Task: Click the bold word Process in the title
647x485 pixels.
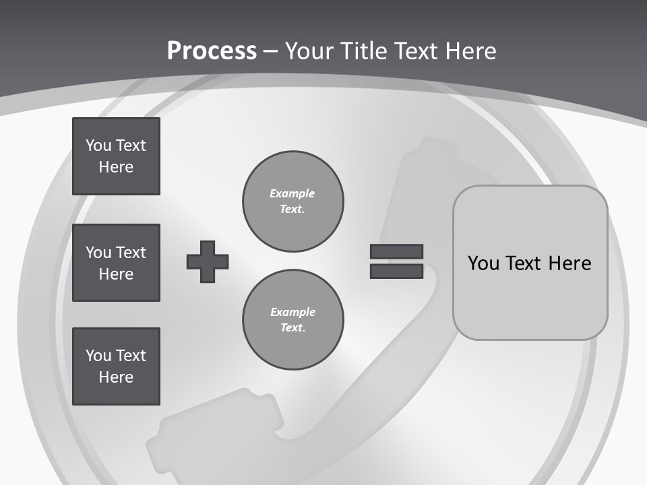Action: point(212,51)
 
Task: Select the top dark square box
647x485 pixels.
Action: point(116,156)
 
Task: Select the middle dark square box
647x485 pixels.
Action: point(116,263)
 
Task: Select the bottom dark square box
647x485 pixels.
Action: point(116,366)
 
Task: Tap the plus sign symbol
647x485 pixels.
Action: point(208,261)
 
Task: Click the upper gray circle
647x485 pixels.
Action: point(292,201)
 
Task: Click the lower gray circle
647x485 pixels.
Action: point(292,320)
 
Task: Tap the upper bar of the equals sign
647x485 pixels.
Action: point(396,251)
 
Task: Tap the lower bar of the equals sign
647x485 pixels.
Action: point(396,271)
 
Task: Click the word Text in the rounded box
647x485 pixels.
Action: point(530,263)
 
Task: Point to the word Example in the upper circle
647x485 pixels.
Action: point(292,193)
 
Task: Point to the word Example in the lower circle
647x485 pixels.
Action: point(292,312)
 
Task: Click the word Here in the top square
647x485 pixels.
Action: point(116,167)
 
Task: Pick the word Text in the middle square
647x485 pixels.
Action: point(131,253)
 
